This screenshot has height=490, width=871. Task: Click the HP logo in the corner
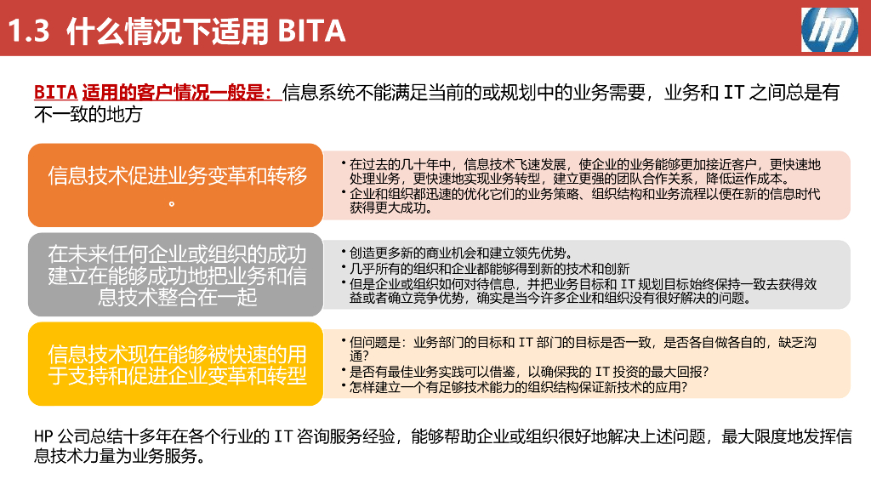click(x=829, y=30)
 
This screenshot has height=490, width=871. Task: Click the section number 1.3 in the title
click(x=31, y=31)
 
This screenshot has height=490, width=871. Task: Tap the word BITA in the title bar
click(x=311, y=31)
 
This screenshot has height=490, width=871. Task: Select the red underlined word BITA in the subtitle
click(x=56, y=92)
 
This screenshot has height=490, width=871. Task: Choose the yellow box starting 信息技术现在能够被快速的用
click(x=177, y=364)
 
